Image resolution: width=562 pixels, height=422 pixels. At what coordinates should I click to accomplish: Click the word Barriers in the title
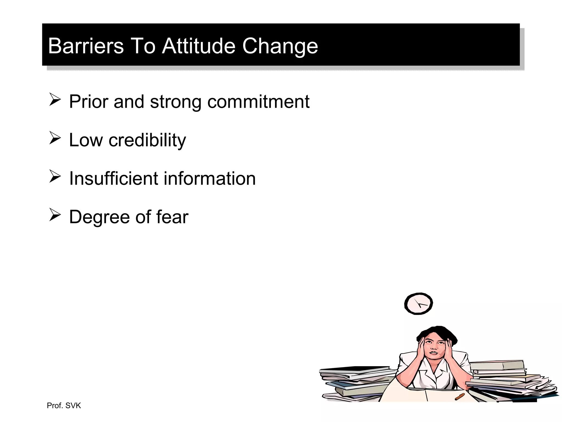(x=86, y=46)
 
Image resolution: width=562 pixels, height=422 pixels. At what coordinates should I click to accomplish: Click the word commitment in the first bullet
(x=258, y=102)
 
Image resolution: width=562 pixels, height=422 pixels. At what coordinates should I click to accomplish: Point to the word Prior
(x=88, y=102)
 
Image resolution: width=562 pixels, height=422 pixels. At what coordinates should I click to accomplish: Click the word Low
(x=86, y=140)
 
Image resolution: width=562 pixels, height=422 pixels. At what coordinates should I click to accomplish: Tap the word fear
(x=172, y=217)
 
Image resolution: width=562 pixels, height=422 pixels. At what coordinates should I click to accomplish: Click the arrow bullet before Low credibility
(x=55, y=138)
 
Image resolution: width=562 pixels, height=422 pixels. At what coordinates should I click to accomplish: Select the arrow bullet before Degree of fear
(x=55, y=215)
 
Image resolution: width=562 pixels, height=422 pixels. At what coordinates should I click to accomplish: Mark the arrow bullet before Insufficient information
(x=55, y=176)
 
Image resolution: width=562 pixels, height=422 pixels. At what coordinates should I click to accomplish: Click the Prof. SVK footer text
(x=64, y=406)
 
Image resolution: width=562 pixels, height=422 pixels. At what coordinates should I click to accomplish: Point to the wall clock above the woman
(x=418, y=304)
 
